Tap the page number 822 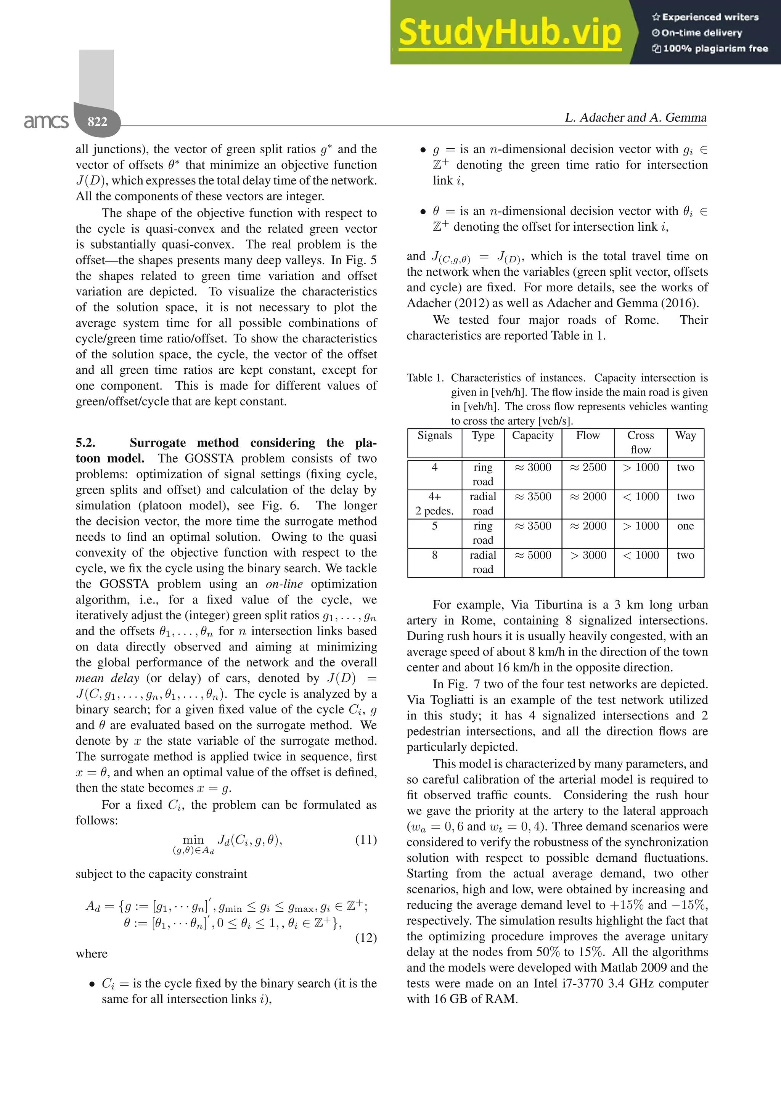pos(97,121)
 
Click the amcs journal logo pos(46,121)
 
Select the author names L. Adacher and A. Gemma pos(635,117)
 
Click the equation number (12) pos(366,938)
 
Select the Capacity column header pos(533,435)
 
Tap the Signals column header pos(434,435)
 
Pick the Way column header pos(685,435)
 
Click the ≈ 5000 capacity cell pos(533,556)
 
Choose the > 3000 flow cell pos(588,556)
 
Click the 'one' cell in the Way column pos(685,526)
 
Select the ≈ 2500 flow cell pos(588,467)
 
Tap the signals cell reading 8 pos(434,556)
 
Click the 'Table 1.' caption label pos(425,378)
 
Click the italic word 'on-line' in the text pos(284,584)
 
